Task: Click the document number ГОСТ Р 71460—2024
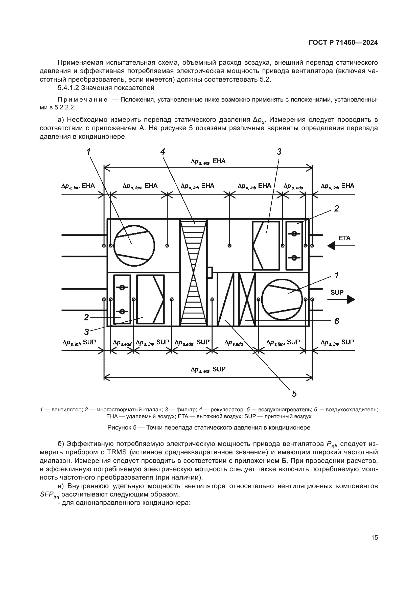(x=343, y=43)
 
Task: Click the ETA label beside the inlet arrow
(x=344, y=238)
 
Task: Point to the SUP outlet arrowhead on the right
(x=351, y=299)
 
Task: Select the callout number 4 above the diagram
(x=162, y=152)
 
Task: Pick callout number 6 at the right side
(x=336, y=321)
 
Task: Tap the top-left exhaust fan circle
(x=134, y=246)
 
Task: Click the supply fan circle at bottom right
(x=282, y=299)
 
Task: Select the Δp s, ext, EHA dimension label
(x=208, y=161)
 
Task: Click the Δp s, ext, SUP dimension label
(x=208, y=369)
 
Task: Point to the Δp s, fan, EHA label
(x=140, y=186)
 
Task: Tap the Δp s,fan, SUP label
(x=283, y=342)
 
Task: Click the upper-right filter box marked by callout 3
(x=266, y=246)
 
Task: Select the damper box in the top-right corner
(x=294, y=246)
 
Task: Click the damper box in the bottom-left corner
(x=122, y=299)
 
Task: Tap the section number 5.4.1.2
(x=68, y=88)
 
